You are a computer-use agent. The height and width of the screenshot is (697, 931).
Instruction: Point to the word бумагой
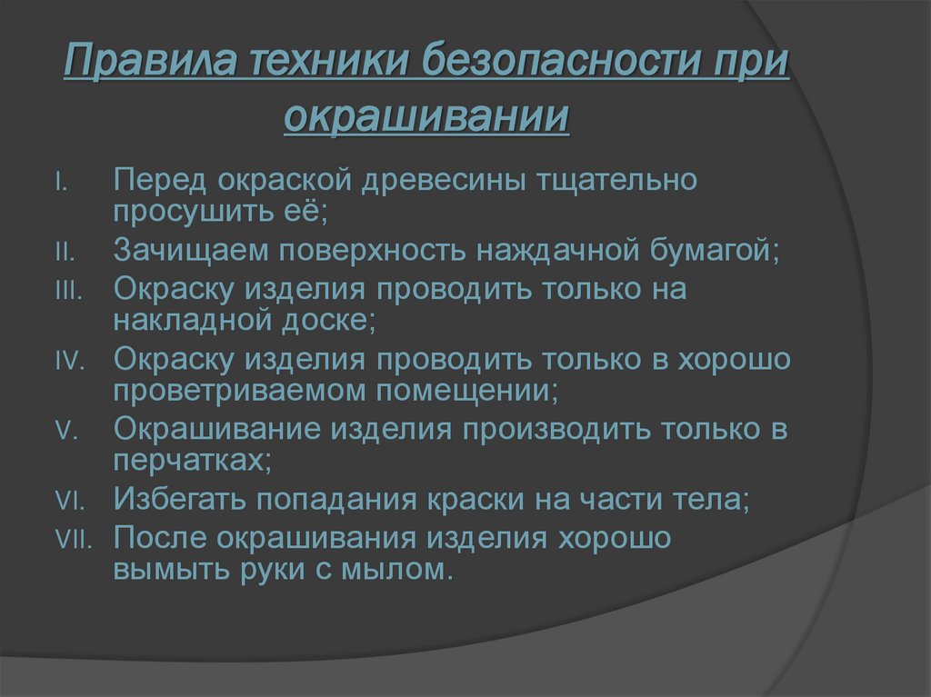[724, 250]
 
